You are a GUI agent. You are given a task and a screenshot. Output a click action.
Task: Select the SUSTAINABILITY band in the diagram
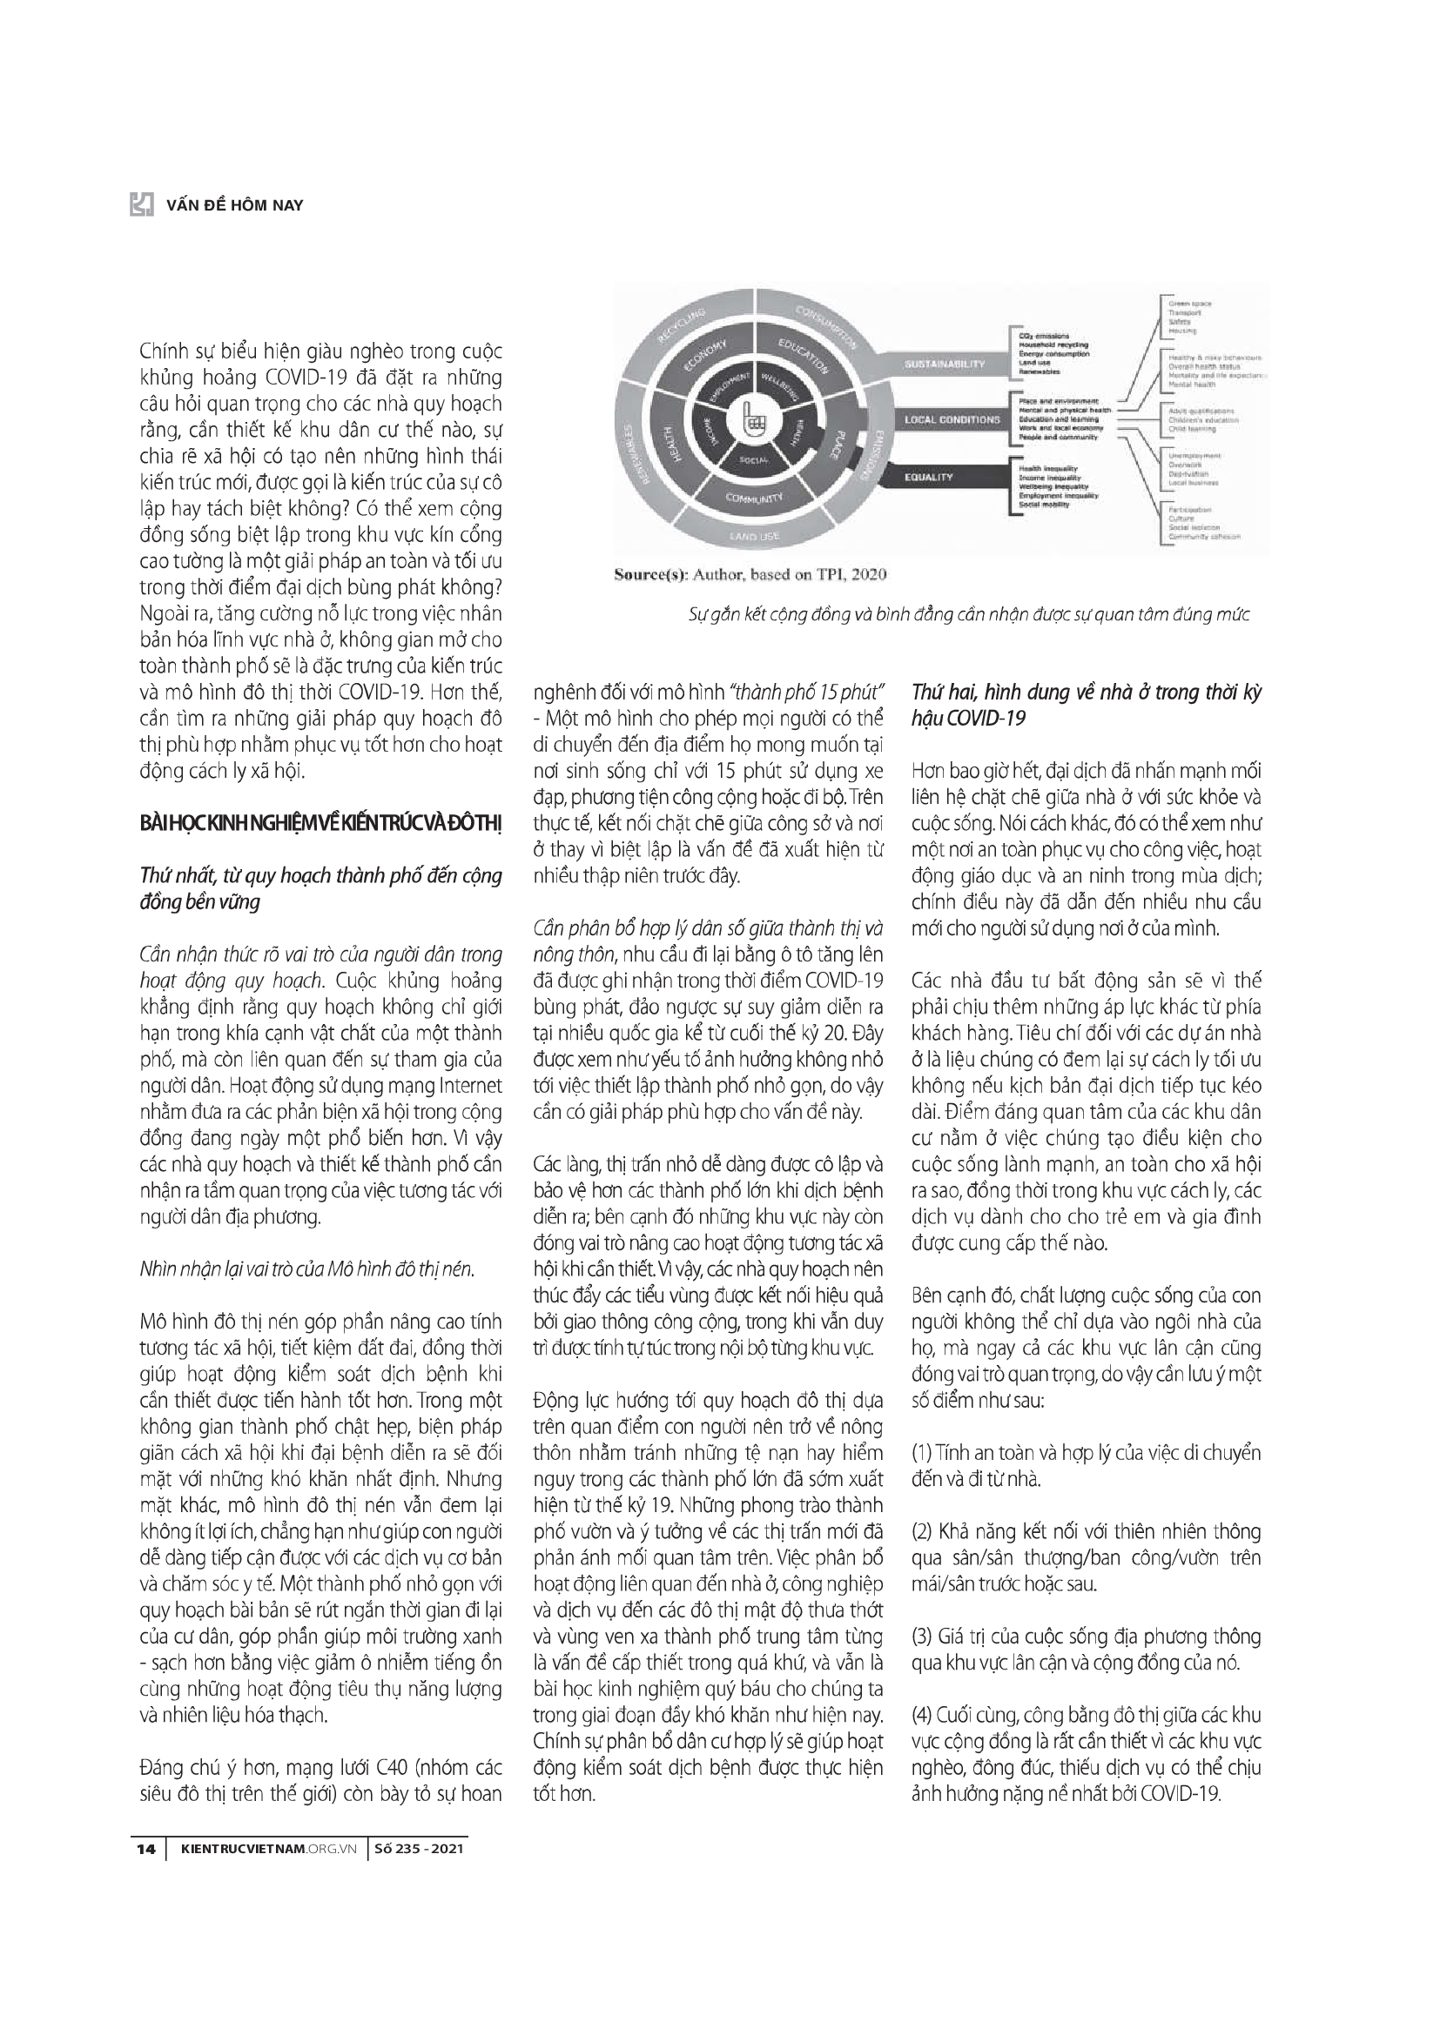tap(945, 364)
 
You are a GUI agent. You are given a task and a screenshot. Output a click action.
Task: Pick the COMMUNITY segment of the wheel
tap(755, 499)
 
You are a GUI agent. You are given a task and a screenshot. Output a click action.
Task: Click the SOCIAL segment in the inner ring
tap(753, 459)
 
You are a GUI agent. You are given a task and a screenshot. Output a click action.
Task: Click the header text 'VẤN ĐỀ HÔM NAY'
tap(234, 205)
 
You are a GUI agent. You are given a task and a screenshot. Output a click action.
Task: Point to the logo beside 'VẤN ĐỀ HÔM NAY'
tap(143, 204)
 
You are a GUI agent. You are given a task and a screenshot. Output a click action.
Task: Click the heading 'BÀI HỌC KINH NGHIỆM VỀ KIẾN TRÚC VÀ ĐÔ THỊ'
tap(321, 824)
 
